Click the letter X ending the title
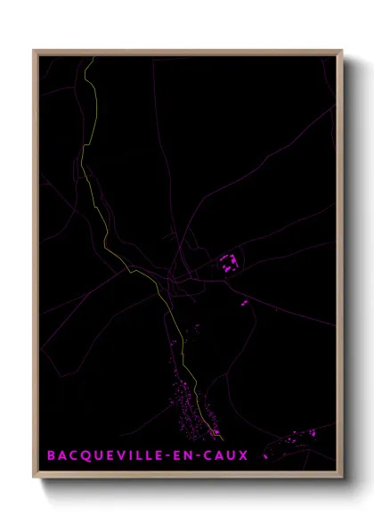click(x=244, y=455)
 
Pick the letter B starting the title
click(x=51, y=455)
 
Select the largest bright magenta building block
click(x=228, y=262)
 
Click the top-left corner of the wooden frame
click(x=34, y=51)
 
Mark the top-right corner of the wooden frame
click(x=342, y=51)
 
